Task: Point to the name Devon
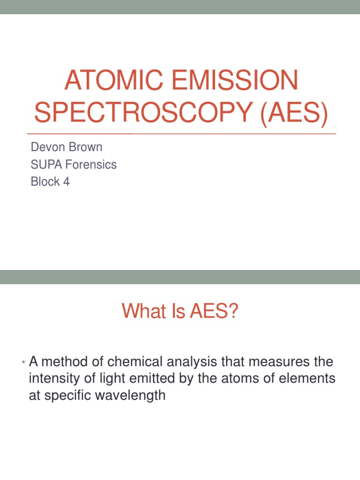46,147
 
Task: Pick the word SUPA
45,165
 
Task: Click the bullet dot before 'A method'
23,362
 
